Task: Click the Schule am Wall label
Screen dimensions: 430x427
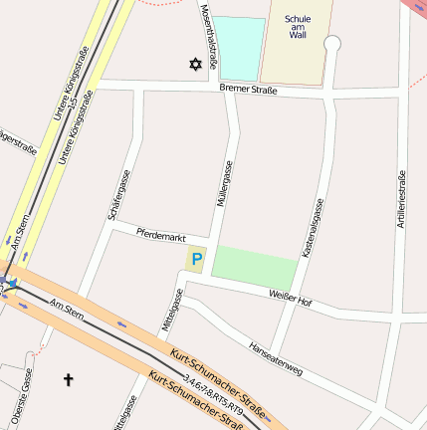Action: tap(298, 27)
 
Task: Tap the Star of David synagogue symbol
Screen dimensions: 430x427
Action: tap(195, 65)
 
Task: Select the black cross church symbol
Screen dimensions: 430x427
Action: tap(69, 379)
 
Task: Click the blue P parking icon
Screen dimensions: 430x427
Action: tap(195, 261)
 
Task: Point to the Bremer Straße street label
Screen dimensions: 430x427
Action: tap(249, 90)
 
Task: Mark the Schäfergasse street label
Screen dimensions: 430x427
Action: tap(117, 195)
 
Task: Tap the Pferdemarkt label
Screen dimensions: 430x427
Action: tap(161, 236)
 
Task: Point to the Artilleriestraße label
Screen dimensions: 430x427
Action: tap(401, 199)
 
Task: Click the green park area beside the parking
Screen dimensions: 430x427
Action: tap(254, 266)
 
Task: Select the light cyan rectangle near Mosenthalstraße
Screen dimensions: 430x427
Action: tap(241, 48)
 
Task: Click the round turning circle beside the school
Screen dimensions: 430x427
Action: tap(332, 44)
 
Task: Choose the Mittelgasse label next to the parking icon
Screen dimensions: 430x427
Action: tap(170, 310)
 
